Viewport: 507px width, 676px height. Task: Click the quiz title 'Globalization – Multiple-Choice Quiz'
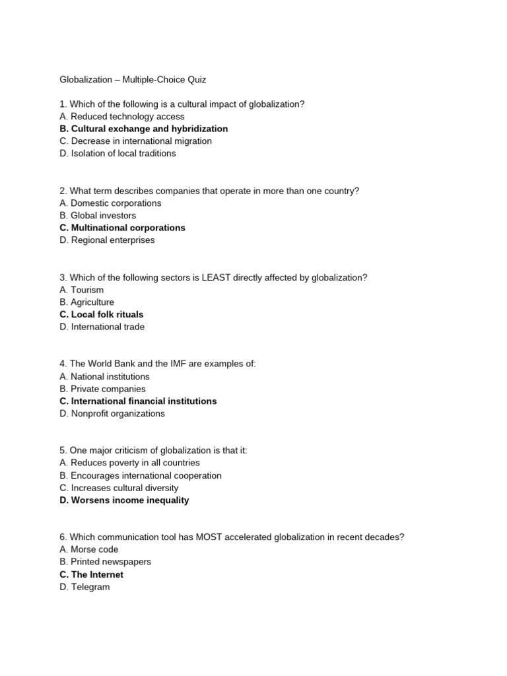[x=133, y=79]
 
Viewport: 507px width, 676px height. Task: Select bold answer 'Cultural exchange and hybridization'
[x=143, y=129]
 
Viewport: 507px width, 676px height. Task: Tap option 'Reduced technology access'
[x=122, y=116]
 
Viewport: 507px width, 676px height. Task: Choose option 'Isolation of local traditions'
[x=118, y=153]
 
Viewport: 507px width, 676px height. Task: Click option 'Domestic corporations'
[x=110, y=203]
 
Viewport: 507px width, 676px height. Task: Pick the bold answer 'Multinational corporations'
[x=122, y=228]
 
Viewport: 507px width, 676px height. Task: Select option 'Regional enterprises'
[x=107, y=240]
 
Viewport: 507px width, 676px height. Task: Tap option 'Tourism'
[x=81, y=290]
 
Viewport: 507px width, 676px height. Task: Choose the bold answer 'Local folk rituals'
[x=101, y=314]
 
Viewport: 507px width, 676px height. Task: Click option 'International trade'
[x=102, y=327]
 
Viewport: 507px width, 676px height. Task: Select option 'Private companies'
[x=102, y=389]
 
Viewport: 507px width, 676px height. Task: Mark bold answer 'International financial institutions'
[x=138, y=401]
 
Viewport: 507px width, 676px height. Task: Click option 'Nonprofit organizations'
[x=112, y=413]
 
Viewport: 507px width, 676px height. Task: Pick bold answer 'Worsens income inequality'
[x=124, y=500]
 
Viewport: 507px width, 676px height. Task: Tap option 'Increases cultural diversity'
[x=119, y=488]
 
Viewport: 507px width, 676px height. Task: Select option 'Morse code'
[x=89, y=549]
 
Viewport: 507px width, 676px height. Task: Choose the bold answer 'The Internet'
[x=91, y=574]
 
